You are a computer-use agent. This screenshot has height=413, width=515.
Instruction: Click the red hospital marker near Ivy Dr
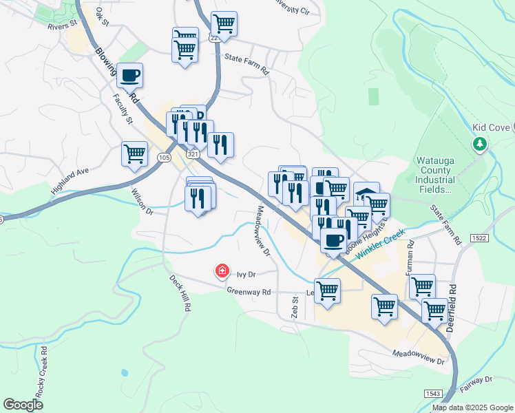pyautogui.click(x=222, y=271)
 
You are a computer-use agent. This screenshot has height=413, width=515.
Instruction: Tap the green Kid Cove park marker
pyautogui.click(x=480, y=144)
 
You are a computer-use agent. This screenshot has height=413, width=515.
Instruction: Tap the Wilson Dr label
pyautogui.click(x=141, y=202)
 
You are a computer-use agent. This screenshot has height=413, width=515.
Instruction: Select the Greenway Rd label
pyautogui.click(x=249, y=292)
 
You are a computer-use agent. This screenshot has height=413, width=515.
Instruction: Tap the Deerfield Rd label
pyautogui.click(x=452, y=308)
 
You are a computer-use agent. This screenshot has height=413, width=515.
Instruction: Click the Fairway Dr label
pyautogui.click(x=479, y=380)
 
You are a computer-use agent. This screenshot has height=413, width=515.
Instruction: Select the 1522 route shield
pyautogui.click(x=480, y=237)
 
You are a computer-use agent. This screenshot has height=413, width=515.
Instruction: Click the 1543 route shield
pyautogui.click(x=433, y=393)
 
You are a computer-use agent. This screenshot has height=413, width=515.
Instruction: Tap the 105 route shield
pyautogui.click(x=163, y=158)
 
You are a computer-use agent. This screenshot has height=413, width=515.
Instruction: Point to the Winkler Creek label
pyautogui.click(x=379, y=244)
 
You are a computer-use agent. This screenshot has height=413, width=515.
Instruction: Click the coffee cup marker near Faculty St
pyautogui.click(x=129, y=75)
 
